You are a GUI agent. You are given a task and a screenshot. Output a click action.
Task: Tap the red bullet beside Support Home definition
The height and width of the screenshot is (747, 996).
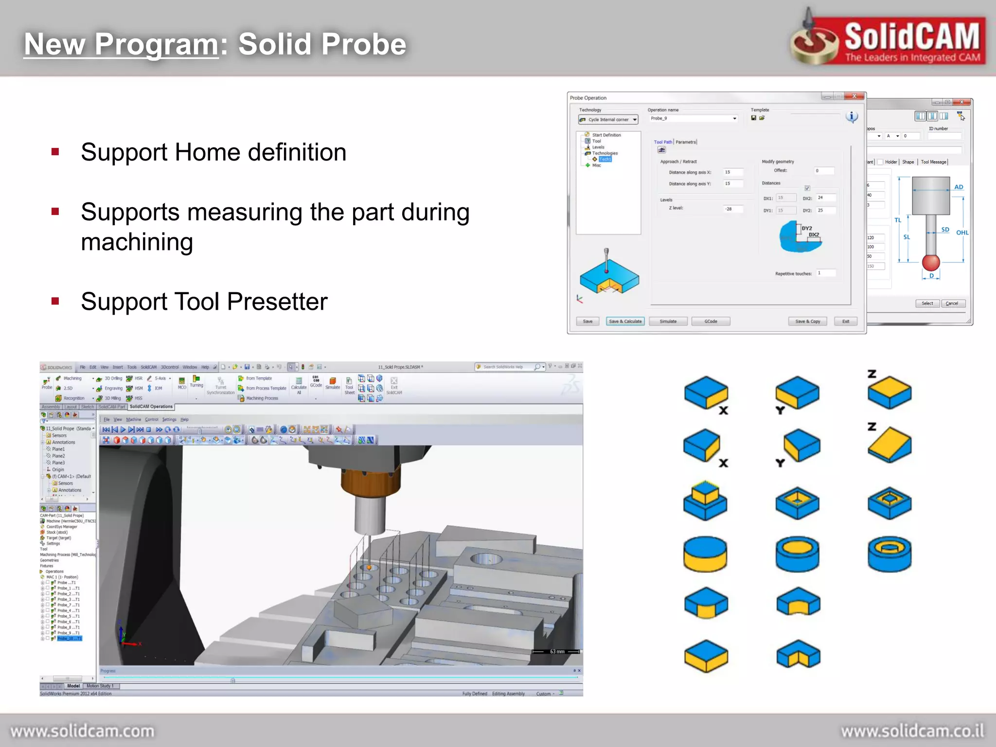(x=55, y=152)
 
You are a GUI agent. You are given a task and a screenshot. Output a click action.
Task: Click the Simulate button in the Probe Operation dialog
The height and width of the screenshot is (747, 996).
(x=668, y=321)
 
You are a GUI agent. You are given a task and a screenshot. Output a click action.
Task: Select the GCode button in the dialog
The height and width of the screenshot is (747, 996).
(x=711, y=321)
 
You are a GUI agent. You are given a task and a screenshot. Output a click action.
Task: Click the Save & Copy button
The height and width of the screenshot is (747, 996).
(x=807, y=321)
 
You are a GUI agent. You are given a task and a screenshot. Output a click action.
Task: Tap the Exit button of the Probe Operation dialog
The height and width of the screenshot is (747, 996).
(x=846, y=321)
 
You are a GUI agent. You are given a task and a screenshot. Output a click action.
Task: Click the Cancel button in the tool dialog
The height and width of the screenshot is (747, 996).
(x=952, y=303)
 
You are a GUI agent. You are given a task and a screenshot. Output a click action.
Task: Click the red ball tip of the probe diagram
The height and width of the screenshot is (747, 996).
(x=931, y=263)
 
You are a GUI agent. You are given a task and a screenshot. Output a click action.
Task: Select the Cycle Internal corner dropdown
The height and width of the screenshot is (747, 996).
(x=608, y=120)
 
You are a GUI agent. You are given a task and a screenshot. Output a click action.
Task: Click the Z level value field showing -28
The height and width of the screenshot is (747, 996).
(x=733, y=209)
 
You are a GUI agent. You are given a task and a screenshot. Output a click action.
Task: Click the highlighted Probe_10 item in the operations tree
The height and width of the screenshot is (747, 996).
(x=70, y=639)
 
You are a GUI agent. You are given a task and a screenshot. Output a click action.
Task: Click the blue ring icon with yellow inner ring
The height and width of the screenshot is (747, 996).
(x=889, y=553)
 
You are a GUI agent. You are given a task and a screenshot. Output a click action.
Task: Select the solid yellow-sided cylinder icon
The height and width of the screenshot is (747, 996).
(x=705, y=554)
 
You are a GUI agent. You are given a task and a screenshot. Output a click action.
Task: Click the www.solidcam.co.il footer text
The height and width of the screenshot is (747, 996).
(x=912, y=731)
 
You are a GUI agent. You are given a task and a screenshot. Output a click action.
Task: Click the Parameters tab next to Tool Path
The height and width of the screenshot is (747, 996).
(x=686, y=142)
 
